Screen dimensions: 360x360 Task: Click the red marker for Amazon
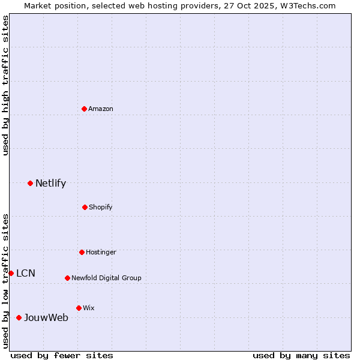coord(85,109)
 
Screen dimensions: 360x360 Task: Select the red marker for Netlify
coord(30,183)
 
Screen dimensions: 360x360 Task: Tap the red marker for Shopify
coord(85,207)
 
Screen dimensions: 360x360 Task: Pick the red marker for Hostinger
coord(82,252)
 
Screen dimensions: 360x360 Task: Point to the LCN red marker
coord(11,273)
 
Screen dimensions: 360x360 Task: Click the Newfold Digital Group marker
coord(67,278)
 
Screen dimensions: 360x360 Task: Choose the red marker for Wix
coord(79,308)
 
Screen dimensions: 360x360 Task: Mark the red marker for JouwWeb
coord(19,317)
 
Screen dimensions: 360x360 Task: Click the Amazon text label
coord(101,109)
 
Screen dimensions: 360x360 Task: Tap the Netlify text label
coord(50,183)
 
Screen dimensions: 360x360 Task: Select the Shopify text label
coord(101,207)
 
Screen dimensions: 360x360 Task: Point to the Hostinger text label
coord(101,252)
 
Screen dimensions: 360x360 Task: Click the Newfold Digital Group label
coord(106,278)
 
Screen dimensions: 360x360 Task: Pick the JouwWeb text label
coord(46,317)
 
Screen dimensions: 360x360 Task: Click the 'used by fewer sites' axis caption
coord(62,355)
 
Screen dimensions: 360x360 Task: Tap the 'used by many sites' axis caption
coord(301,355)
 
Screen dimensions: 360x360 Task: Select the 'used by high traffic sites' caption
coord(5,85)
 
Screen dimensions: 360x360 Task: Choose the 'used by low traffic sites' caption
coord(5,281)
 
